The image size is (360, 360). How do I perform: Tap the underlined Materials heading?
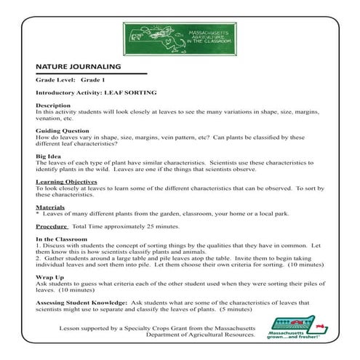(x=50, y=207)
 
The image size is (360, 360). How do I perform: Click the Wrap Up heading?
(x=49, y=277)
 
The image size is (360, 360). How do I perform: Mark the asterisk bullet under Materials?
(x=38, y=214)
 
